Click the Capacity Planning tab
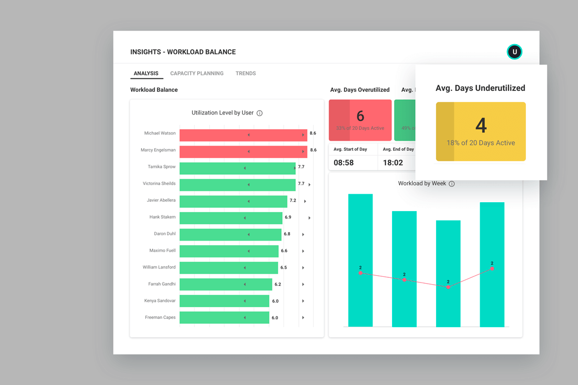[x=197, y=74]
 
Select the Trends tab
[x=245, y=74]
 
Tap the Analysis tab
[x=146, y=74]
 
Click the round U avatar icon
[x=514, y=51]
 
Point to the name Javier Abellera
[x=161, y=200]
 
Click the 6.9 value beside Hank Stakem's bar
[x=288, y=217]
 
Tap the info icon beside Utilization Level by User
[x=260, y=113]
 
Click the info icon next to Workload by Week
[x=451, y=184]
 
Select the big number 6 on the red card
[x=360, y=116]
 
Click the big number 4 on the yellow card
[x=481, y=126]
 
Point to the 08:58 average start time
[x=344, y=163]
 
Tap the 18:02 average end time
[x=393, y=163]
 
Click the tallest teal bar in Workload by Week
[x=360, y=260]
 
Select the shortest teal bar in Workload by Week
[x=448, y=273]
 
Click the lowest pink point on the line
[x=448, y=287]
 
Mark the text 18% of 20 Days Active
[x=481, y=143]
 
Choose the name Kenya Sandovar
[x=160, y=300]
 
